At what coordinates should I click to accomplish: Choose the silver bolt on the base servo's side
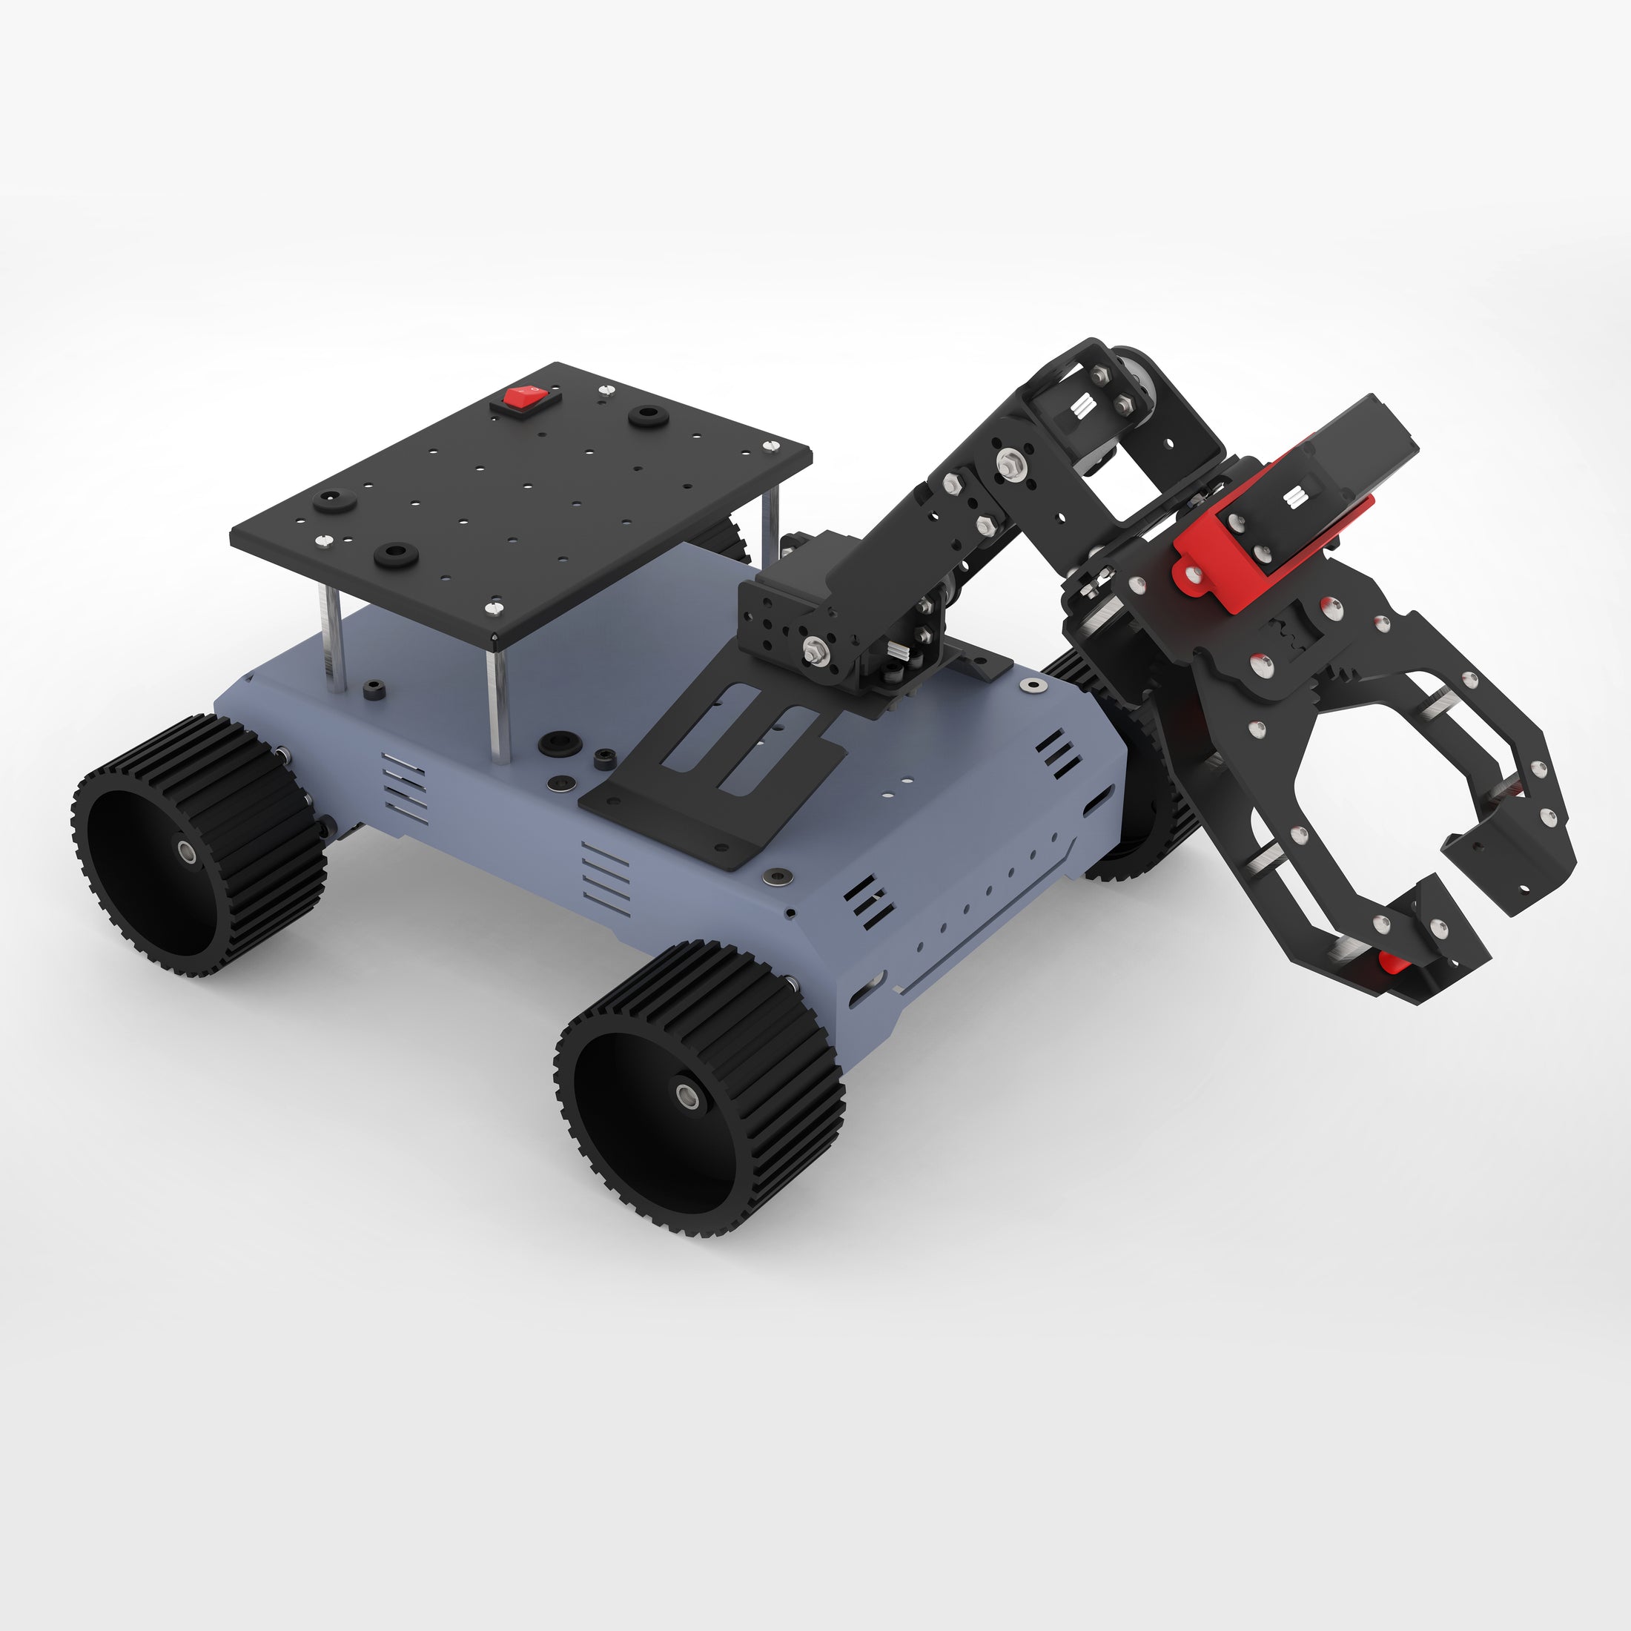click(814, 650)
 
